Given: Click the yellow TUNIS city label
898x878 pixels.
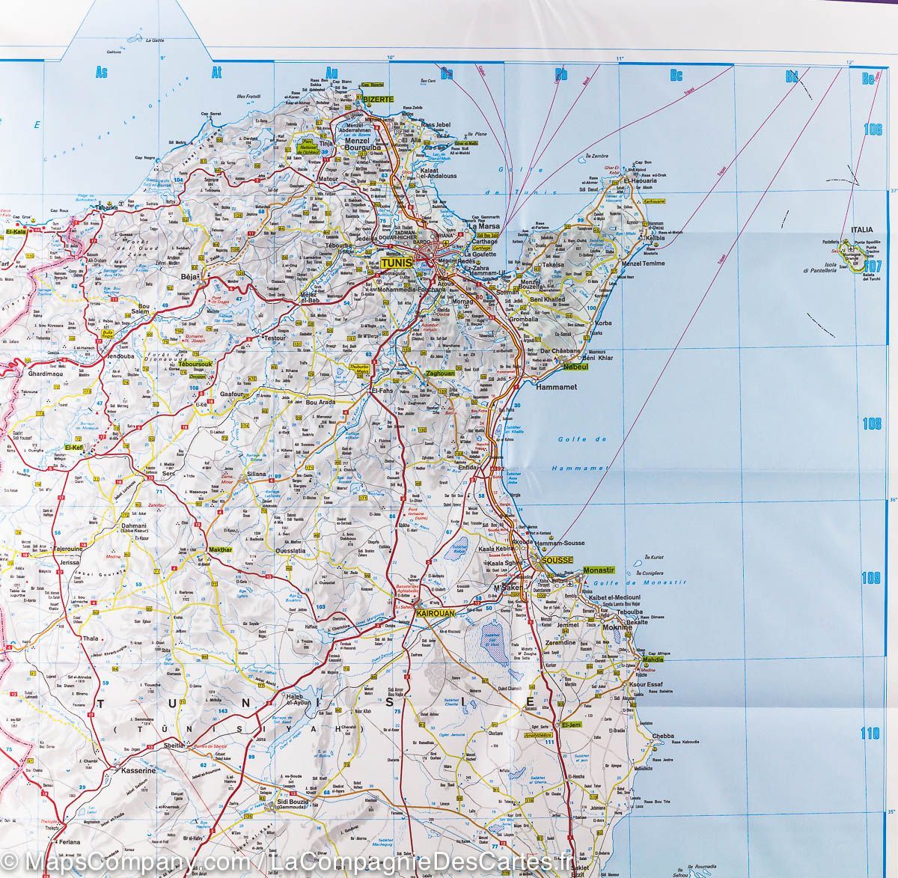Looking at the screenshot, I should click(x=397, y=263).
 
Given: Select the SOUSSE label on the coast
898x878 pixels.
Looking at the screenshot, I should click(x=557, y=561).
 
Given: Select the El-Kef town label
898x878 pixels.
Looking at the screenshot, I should click(x=74, y=447).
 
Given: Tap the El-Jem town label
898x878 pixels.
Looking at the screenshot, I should click(x=571, y=725).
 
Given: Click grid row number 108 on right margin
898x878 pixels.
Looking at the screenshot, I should click(x=872, y=424).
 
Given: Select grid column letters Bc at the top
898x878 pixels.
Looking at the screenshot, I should click(x=676, y=74).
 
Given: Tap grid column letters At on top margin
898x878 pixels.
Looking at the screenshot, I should click(x=218, y=73).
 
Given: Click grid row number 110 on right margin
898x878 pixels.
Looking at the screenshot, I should click(x=871, y=733).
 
